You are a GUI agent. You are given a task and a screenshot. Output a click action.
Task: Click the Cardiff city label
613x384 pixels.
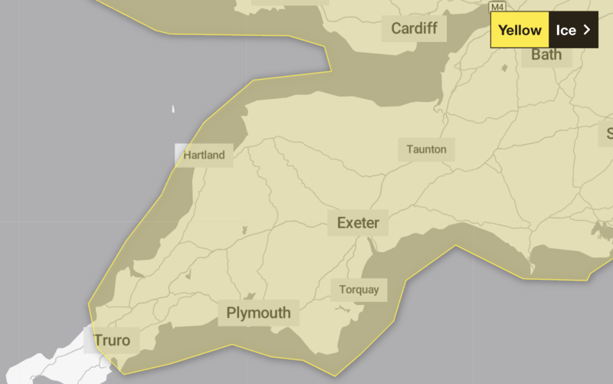tap(414, 29)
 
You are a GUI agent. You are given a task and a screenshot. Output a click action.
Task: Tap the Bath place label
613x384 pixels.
tap(546, 54)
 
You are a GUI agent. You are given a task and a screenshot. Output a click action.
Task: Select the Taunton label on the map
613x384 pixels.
tap(426, 149)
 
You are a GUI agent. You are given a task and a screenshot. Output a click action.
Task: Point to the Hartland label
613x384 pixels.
tap(204, 155)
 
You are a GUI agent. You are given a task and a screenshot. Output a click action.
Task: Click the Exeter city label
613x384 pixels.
tap(358, 223)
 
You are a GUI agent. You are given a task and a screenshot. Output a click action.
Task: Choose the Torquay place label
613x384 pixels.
tap(359, 290)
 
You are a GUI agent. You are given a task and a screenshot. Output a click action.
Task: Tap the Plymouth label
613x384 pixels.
tap(258, 313)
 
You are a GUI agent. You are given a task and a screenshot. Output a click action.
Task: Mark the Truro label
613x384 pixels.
tap(112, 340)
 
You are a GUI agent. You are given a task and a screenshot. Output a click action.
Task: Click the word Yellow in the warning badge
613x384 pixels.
tap(520, 31)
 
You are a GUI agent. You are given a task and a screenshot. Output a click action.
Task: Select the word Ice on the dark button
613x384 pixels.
tap(565, 31)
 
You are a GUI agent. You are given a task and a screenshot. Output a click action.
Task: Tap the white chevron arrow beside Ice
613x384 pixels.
tap(587, 30)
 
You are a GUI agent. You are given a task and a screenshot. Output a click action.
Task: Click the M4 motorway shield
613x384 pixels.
tap(498, 6)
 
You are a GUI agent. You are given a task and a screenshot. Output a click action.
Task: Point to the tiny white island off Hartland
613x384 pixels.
tap(173, 110)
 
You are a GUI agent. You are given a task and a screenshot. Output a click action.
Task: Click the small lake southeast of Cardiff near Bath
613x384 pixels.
tap(504, 68)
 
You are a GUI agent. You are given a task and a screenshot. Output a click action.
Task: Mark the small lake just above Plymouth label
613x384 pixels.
tap(250, 296)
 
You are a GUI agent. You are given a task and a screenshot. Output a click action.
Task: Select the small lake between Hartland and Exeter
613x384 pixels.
tap(244, 229)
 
